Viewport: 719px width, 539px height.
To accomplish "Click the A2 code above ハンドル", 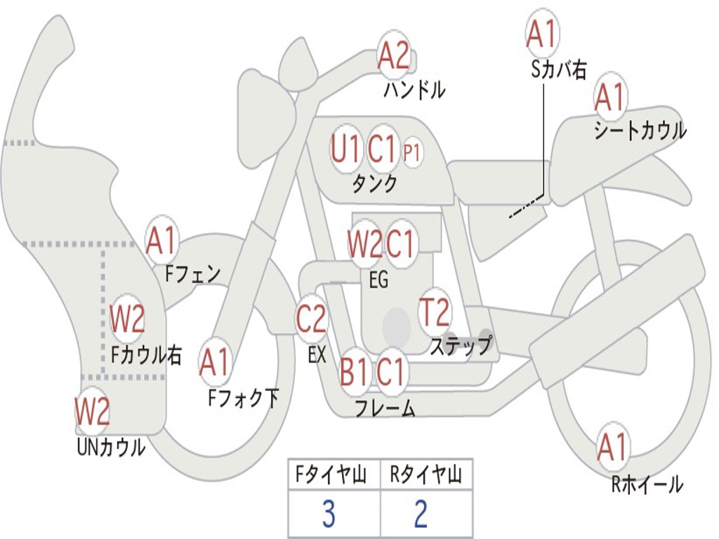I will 393,55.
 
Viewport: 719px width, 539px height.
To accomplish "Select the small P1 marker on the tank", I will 412,153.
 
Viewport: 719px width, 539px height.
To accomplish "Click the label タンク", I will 374,183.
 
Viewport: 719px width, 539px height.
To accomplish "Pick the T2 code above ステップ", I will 434,313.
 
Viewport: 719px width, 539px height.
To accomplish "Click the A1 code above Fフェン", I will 162,241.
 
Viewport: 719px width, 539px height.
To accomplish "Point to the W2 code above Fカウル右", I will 127,320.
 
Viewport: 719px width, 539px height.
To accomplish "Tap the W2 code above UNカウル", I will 92,412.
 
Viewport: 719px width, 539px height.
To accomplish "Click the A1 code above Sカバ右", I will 541,34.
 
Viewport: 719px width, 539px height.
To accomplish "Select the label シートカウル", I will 640,131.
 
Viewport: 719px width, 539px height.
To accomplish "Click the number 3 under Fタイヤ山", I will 328,514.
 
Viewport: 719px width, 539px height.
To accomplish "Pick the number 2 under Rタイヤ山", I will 421,514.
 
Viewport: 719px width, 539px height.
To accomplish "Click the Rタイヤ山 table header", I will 426,477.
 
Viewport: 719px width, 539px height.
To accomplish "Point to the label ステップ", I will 461,346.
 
